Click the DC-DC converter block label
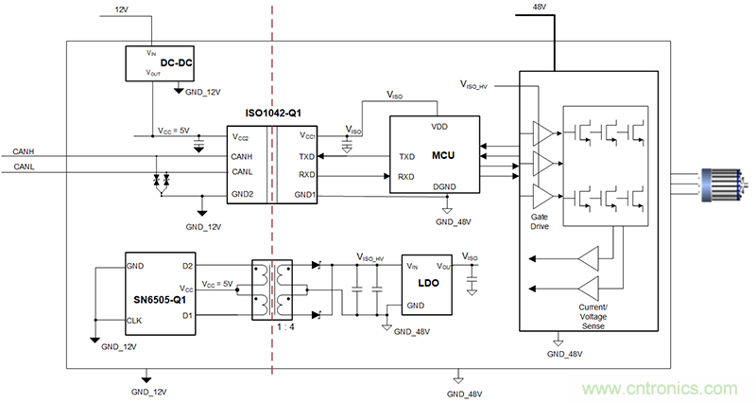click(178, 63)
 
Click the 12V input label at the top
click(120, 9)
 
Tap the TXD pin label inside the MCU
click(407, 157)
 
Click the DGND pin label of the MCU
click(443, 187)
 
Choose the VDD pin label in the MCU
click(439, 126)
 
